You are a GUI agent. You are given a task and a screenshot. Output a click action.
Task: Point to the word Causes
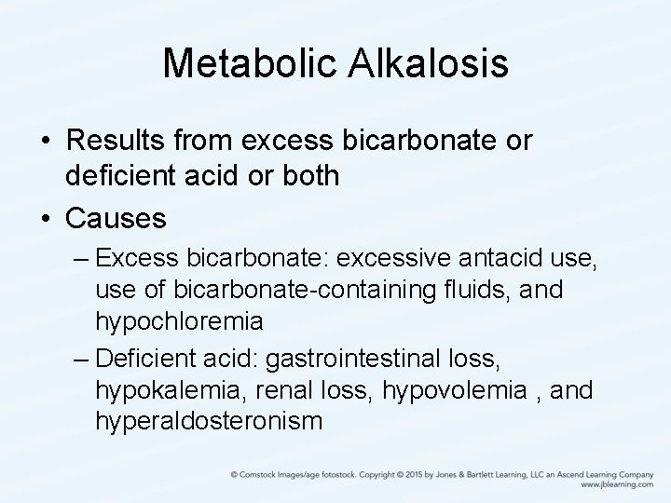point(116,220)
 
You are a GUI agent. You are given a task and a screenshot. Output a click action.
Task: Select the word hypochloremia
point(177,321)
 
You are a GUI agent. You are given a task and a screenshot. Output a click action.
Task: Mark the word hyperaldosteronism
point(209,421)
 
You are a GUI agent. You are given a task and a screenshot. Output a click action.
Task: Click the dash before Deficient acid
point(82,357)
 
